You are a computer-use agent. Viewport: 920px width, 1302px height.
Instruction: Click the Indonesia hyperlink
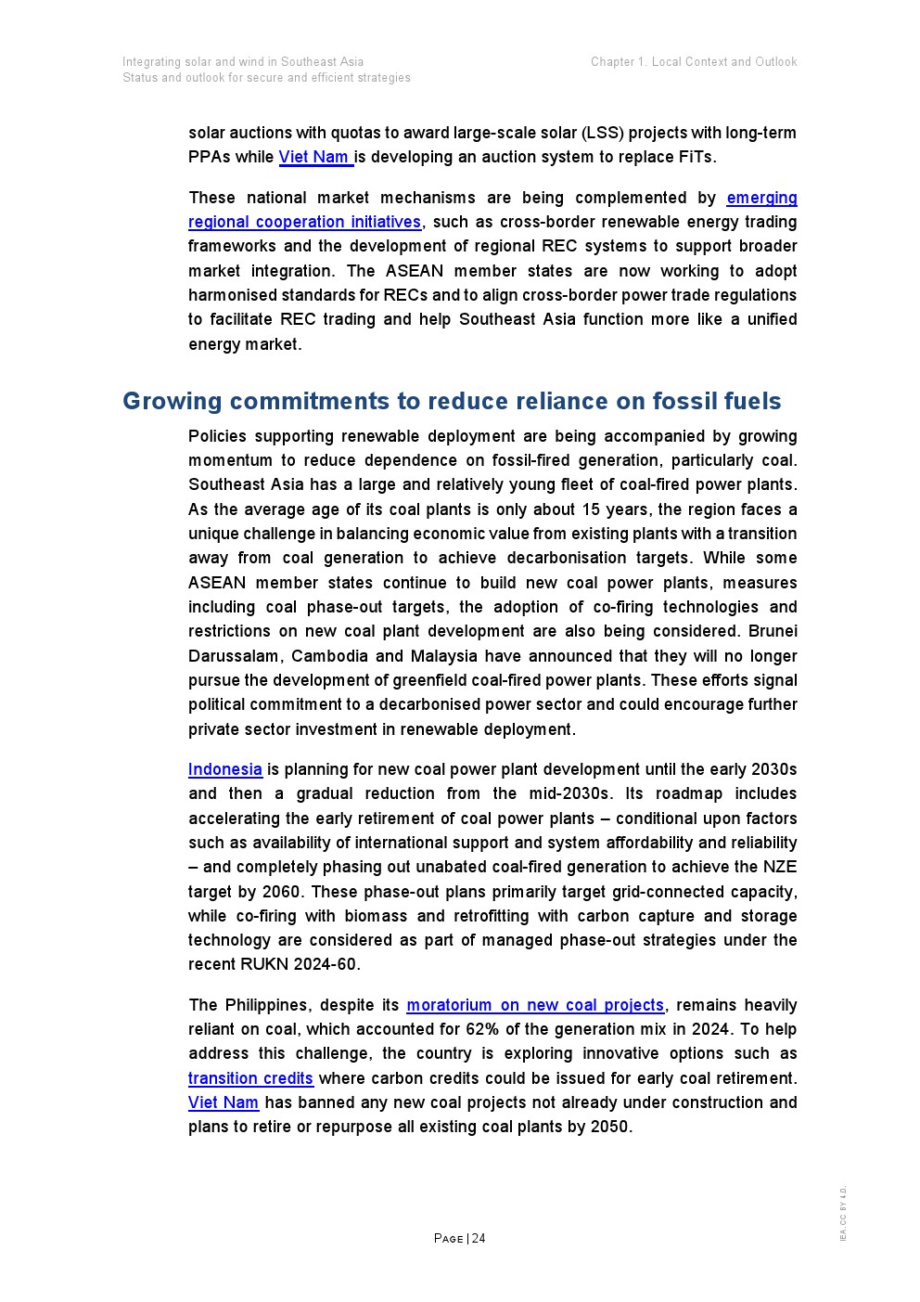click(224, 769)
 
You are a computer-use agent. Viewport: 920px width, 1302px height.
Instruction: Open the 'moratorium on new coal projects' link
click(535, 1005)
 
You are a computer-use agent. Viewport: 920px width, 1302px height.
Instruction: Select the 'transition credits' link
click(250, 1078)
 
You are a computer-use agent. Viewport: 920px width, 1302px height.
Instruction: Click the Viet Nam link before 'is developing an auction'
click(314, 157)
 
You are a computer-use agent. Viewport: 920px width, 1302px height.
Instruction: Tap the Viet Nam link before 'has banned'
click(224, 1102)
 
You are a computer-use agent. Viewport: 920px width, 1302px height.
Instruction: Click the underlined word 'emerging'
click(761, 198)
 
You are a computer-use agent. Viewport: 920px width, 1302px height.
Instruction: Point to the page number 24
click(479, 1239)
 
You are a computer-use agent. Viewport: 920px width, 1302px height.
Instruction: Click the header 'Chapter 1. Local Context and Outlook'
click(694, 62)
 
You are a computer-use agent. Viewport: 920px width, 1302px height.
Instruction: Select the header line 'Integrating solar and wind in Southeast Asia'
click(243, 62)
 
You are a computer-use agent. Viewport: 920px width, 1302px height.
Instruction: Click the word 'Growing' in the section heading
click(172, 401)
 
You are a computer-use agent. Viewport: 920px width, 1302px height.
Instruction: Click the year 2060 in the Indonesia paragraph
click(280, 892)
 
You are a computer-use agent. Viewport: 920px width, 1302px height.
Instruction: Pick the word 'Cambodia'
click(329, 656)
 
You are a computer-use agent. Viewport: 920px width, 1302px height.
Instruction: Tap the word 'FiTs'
click(696, 157)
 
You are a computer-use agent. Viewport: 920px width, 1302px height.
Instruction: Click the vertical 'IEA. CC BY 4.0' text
click(843, 1213)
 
